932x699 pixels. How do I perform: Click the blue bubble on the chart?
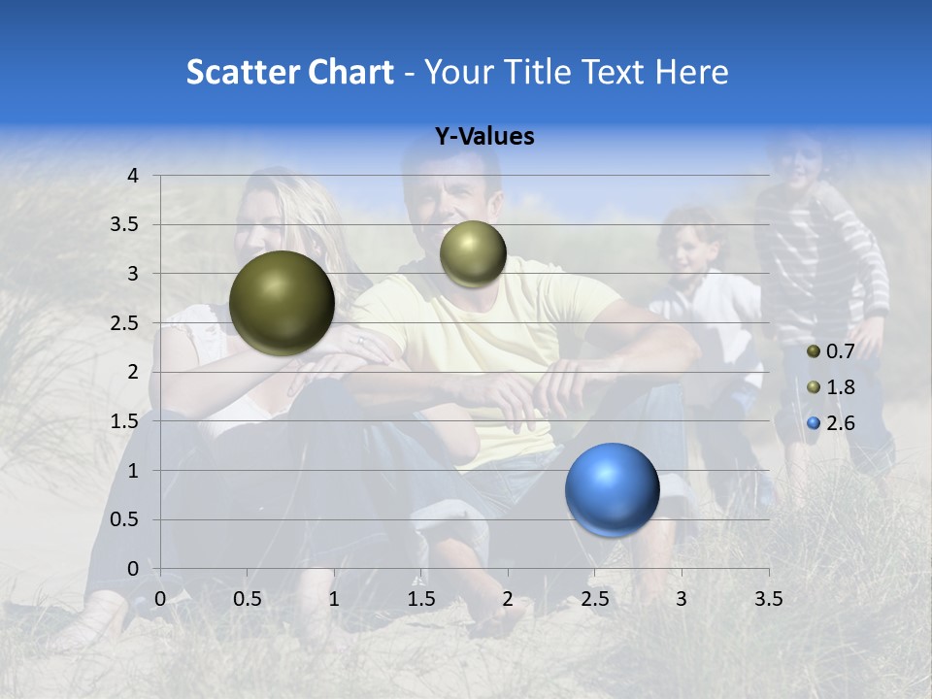pos(612,489)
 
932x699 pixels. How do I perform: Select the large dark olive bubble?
pos(282,303)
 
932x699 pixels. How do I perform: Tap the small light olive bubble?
pos(473,253)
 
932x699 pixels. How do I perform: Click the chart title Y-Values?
pos(483,137)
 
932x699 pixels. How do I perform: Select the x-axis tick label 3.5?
pos(768,598)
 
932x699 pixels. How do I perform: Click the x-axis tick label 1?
pos(334,598)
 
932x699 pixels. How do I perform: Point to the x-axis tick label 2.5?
pos(594,598)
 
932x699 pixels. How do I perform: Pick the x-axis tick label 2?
pos(508,598)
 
